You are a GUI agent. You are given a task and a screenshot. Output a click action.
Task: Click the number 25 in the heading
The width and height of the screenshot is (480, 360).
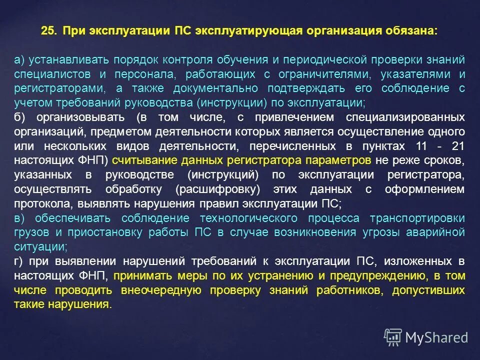(x=48, y=30)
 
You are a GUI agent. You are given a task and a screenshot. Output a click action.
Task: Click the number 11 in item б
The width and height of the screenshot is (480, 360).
(x=422, y=146)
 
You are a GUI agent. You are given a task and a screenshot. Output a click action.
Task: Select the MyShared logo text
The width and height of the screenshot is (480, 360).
(x=436, y=337)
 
